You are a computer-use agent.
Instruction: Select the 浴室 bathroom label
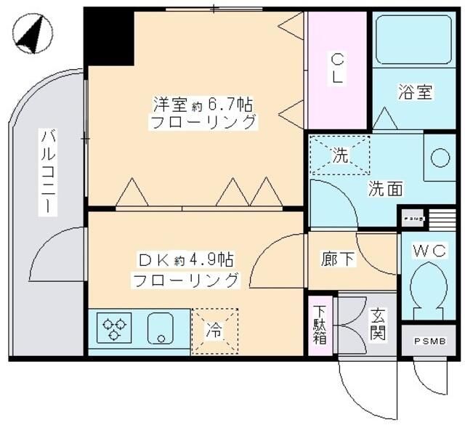tap(416, 92)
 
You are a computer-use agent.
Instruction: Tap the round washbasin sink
tap(440, 157)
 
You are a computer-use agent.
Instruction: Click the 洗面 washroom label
tap(386, 189)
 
